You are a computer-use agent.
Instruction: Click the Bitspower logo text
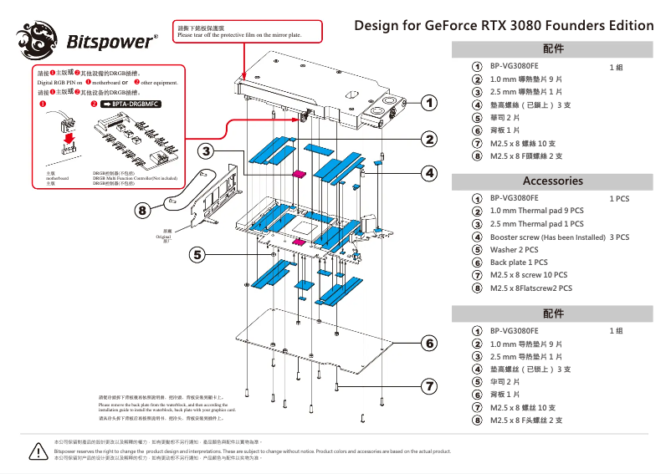click(110, 40)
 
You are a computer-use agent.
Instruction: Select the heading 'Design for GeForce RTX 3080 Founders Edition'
click(504, 25)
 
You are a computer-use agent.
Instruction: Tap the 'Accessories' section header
click(552, 181)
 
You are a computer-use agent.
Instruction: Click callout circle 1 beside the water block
click(429, 103)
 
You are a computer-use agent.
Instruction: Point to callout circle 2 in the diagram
click(429, 139)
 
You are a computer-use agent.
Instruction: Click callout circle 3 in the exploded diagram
click(206, 151)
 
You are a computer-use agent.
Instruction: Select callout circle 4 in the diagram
click(429, 173)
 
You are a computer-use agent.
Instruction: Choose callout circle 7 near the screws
click(429, 386)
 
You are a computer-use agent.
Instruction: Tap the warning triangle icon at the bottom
click(36, 451)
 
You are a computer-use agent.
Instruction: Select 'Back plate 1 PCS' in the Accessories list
click(519, 262)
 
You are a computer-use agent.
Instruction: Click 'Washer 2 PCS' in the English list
click(514, 250)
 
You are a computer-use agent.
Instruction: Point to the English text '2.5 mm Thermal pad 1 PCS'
click(536, 224)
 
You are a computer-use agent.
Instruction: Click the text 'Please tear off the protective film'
click(238, 36)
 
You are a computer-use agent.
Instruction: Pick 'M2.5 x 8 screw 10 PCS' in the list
click(528, 275)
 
